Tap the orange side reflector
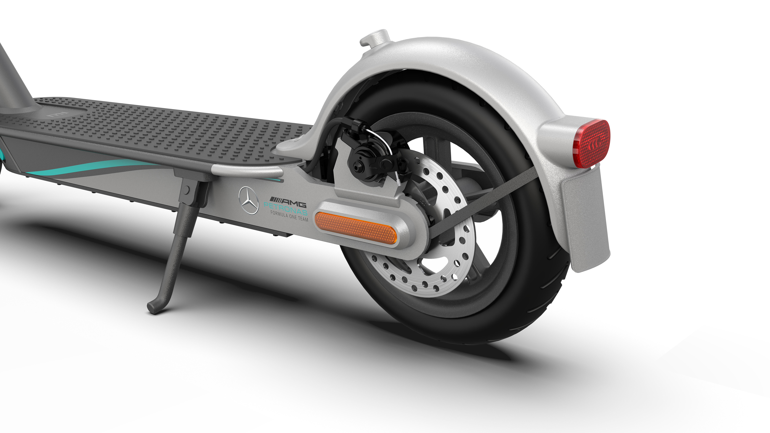[356, 228]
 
